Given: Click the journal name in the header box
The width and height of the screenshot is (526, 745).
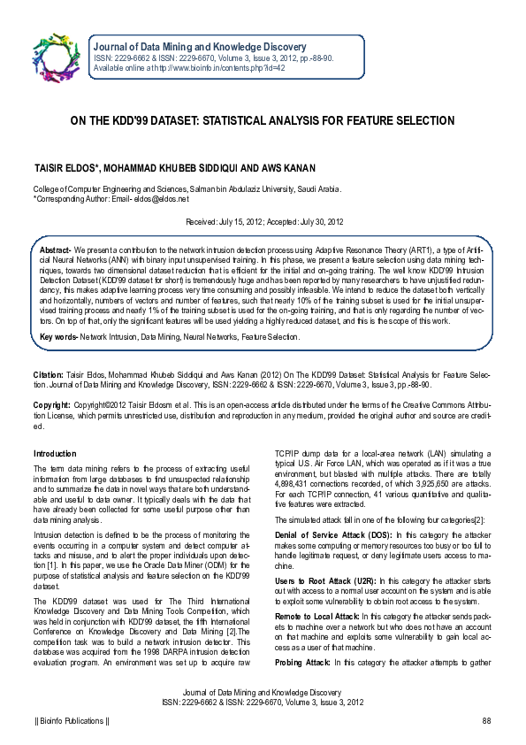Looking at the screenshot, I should [x=200, y=46].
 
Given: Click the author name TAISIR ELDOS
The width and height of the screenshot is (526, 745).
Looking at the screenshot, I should [x=67, y=167].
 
